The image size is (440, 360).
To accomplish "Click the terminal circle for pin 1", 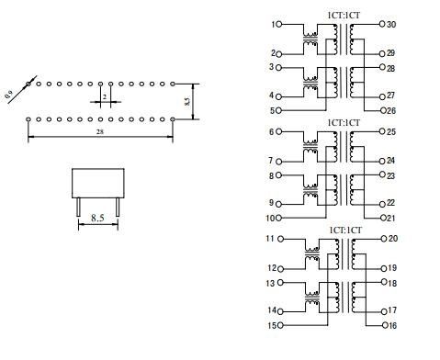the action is (x=278, y=24).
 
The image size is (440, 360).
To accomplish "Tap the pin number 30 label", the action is (x=391, y=25).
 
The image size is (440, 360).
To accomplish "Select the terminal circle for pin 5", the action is (x=278, y=110).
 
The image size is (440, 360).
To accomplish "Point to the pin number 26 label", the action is (x=391, y=110).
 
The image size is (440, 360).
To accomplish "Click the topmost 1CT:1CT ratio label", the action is (x=344, y=16).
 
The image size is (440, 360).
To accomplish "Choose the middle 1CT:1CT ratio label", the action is (x=344, y=123).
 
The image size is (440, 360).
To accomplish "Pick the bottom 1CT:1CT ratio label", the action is (x=345, y=230).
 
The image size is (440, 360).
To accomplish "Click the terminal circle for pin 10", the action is (x=278, y=218).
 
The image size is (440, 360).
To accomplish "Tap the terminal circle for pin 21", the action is (x=383, y=218).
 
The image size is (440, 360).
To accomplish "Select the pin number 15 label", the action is (x=272, y=325).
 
